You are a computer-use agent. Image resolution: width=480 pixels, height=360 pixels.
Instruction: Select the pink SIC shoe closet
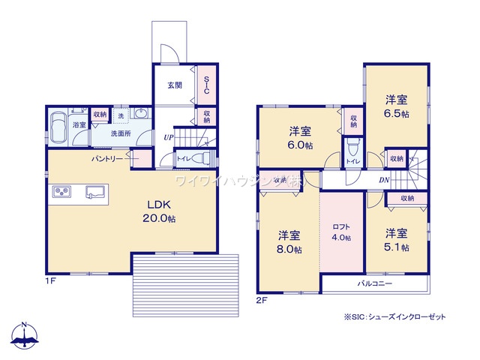[205, 86]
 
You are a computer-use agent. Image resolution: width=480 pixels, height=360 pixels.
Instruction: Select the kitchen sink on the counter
[95, 191]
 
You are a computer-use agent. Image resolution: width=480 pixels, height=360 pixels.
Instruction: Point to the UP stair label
[169, 138]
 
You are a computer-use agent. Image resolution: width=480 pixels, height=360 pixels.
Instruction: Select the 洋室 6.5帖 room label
[397, 106]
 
